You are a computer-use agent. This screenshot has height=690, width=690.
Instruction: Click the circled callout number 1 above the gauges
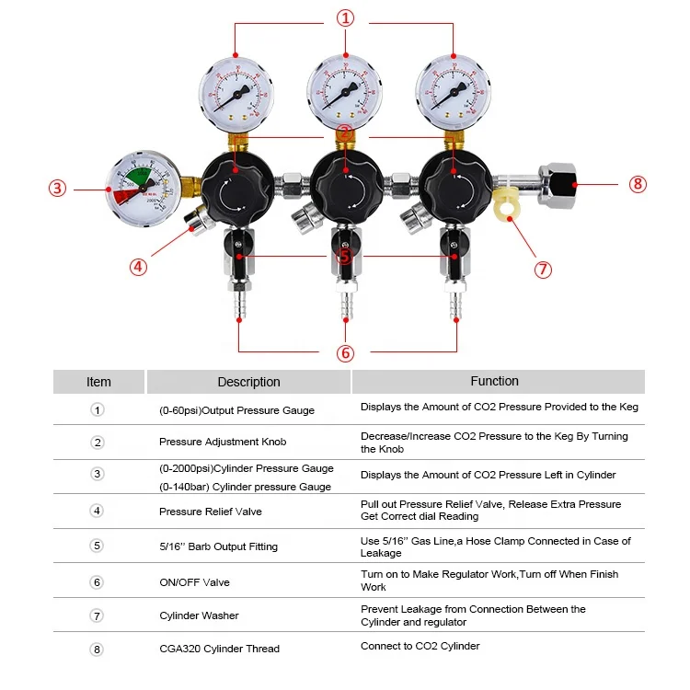pyautogui.click(x=345, y=17)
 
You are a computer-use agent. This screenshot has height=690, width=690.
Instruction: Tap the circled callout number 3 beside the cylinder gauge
pyautogui.click(x=58, y=189)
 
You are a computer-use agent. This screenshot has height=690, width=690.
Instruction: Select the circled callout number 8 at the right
pyautogui.click(x=638, y=183)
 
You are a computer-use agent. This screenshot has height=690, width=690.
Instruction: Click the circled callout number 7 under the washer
pyautogui.click(x=543, y=270)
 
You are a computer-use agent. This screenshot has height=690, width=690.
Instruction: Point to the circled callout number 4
pyautogui.click(x=138, y=267)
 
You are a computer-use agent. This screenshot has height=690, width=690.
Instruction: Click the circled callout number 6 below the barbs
pyautogui.click(x=345, y=352)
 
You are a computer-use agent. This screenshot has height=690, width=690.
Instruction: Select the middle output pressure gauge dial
pyautogui.click(x=345, y=92)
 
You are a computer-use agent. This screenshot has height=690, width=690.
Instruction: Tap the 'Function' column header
pyautogui.click(x=495, y=381)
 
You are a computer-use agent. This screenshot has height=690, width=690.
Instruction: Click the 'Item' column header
pyautogui.click(x=98, y=382)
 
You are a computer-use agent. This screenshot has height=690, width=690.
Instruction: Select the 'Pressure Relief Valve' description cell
pyautogui.click(x=211, y=512)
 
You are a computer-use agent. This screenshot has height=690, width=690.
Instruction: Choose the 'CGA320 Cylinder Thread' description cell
pyautogui.click(x=219, y=649)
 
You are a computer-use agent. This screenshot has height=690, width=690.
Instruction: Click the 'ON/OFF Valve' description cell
pyautogui.click(x=194, y=581)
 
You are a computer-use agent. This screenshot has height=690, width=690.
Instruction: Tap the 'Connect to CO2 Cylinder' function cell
pyautogui.click(x=420, y=646)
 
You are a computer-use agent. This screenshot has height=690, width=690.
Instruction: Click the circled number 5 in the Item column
pyautogui.click(x=98, y=546)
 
